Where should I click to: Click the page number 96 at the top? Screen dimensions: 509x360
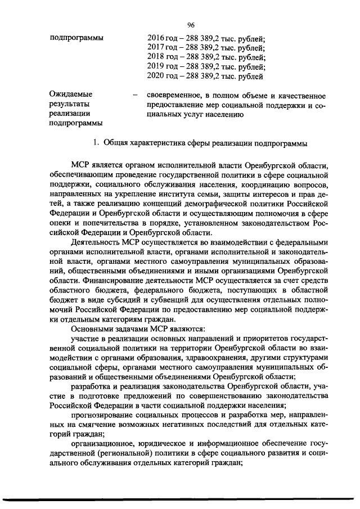(190, 24)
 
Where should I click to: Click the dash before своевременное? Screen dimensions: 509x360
(135, 95)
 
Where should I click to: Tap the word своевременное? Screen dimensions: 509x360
(175, 94)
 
